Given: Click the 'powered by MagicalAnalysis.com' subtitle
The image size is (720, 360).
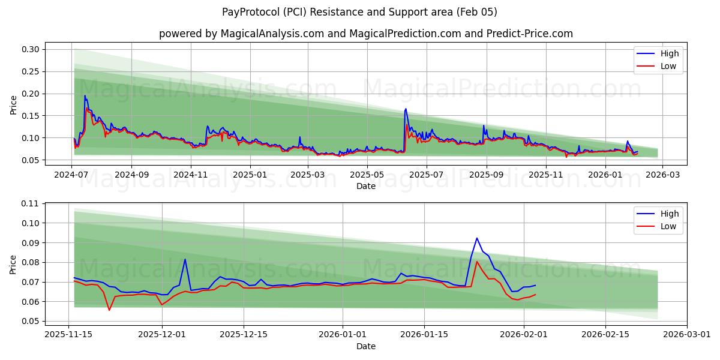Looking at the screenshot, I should tap(365, 34).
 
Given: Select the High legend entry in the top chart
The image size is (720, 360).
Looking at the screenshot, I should tap(670, 53).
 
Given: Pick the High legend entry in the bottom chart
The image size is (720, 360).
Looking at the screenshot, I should tap(670, 214).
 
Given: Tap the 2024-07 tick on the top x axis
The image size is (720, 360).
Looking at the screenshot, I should tap(72, 175).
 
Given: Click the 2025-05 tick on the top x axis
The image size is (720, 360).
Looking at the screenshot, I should tap(367, 175).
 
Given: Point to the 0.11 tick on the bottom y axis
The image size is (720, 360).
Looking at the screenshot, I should tap(31, 203).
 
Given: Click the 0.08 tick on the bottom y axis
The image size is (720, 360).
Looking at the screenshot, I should tap(31, 262).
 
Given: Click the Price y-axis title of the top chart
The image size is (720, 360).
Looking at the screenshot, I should tap(13, 105).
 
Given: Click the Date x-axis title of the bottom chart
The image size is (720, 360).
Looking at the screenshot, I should tap(365, 346).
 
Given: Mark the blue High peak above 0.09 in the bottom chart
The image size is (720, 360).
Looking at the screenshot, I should tap(477, 238).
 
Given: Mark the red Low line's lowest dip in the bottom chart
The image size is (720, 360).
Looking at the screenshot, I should tap(109, 310).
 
